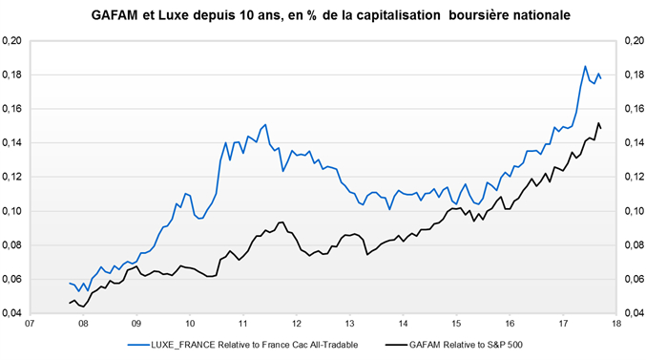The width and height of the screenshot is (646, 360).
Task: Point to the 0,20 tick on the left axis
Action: pos(12,41)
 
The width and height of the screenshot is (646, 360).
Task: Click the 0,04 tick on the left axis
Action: pos(12,313)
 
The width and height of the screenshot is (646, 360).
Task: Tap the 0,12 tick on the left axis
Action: pos(12,178)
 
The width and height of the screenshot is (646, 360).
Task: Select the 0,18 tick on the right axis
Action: pos(633,75)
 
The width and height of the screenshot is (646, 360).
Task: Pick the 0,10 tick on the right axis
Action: pos(633,211)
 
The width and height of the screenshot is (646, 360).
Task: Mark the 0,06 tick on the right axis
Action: pos(633,279)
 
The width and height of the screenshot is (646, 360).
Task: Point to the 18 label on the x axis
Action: pos(618,324)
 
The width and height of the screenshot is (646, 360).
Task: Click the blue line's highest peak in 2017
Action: pos(585,66)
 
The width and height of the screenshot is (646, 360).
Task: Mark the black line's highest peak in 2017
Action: pos(598,123)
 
